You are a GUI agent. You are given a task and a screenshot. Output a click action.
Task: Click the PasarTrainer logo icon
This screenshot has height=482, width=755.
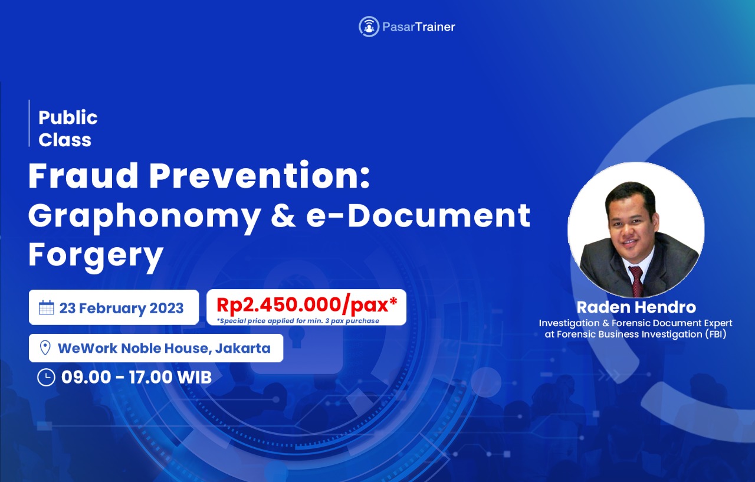click(369, 27)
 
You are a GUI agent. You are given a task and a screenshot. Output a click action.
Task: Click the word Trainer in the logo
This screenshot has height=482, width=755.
click(435, 27)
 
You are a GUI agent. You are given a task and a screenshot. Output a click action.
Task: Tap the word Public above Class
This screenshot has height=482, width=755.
click(68, 117)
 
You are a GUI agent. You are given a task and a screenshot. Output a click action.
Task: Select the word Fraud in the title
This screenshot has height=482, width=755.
click(83, 176)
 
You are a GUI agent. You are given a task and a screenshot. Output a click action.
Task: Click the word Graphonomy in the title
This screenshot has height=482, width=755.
click(144, 217)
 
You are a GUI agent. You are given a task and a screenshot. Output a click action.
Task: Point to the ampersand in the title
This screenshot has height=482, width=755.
click(283, 216)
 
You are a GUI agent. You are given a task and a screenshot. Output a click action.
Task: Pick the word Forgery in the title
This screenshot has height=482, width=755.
click(96, 255)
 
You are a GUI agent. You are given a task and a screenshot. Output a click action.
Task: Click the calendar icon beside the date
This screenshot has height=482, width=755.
click(46, 307)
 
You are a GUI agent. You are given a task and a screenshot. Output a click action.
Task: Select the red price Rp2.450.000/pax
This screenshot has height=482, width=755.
click(306, 304)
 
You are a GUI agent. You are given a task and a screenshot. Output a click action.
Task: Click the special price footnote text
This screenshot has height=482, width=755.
click(298, 321)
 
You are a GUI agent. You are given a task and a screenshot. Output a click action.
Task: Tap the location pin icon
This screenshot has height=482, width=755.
click(45, 347)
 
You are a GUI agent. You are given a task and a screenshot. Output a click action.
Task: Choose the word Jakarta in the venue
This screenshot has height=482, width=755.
click(242, 348)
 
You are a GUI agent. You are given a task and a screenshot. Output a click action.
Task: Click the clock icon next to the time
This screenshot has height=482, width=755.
click(46, 378)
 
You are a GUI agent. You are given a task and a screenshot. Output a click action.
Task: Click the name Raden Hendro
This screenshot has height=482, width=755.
click(636, 307)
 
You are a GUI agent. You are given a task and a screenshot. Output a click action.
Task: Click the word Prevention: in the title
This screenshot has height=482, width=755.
click(260, 176)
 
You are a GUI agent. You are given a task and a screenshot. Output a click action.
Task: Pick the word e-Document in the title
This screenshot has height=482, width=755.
click(418, 216)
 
